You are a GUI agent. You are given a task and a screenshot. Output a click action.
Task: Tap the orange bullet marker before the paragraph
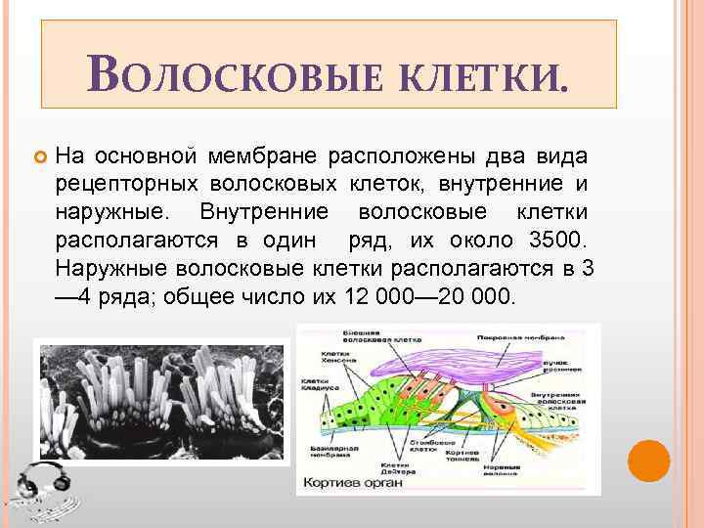pos(39,156)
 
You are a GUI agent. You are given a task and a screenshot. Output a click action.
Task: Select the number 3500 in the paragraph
pos(559,240)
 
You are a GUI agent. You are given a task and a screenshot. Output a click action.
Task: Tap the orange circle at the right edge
pos(648,461)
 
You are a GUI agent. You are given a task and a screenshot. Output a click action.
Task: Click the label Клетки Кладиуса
pos(318,385)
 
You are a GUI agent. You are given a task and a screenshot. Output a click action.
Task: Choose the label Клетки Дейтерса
pos(399,464)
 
